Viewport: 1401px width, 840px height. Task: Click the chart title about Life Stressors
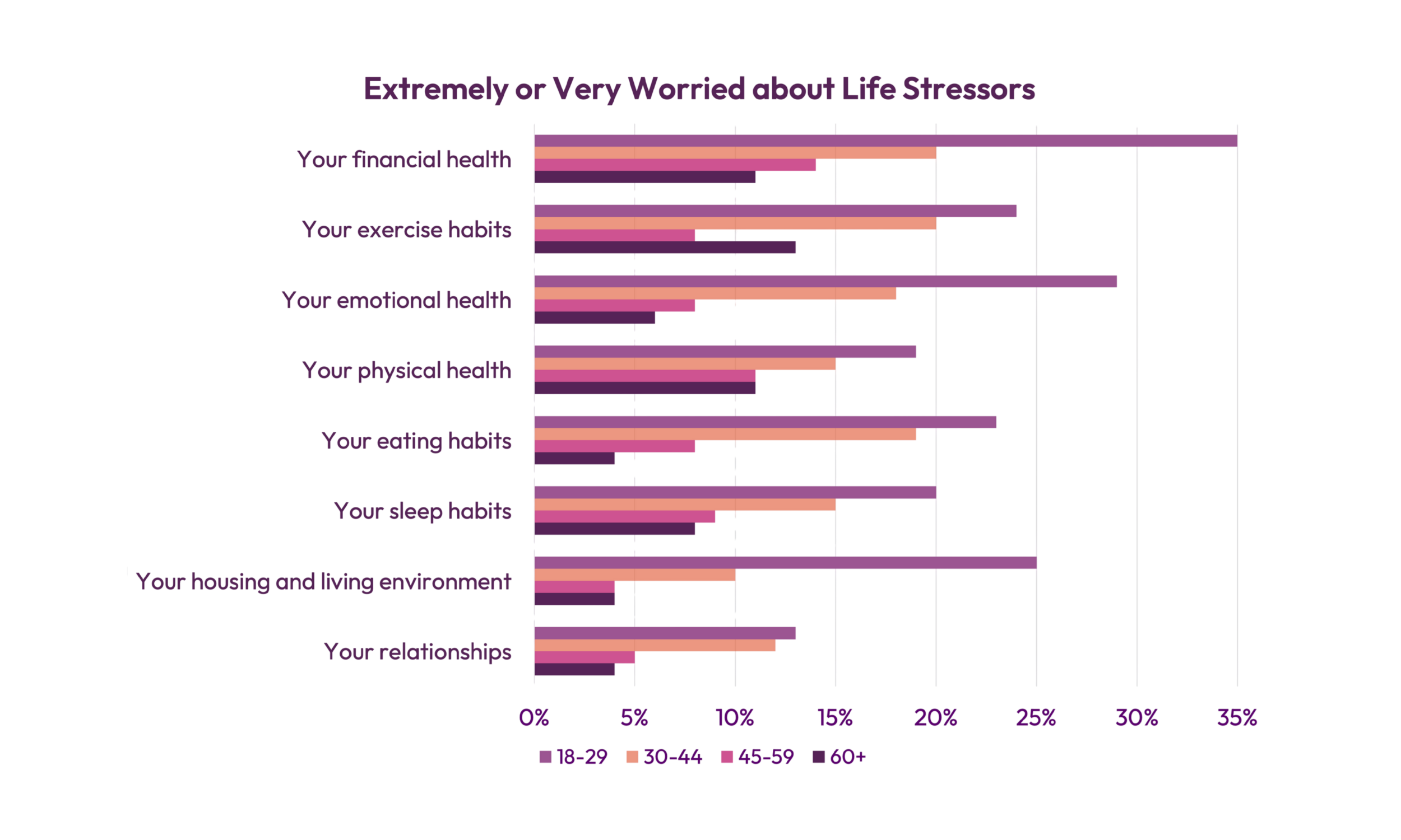700,91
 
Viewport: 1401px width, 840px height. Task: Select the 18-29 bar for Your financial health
885,141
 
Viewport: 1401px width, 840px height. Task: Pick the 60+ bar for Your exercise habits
664,248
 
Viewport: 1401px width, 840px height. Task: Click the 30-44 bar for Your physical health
684,363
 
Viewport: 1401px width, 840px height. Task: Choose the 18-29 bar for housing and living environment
785,563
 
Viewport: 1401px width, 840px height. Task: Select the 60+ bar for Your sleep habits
614,528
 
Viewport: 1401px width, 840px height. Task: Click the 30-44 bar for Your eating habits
725,434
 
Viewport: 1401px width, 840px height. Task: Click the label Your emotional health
396,301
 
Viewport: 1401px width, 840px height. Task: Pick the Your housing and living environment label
323,582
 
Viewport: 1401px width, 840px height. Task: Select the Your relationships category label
417,652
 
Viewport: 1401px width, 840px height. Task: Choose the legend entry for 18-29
574,758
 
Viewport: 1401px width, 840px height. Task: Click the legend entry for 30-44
664,758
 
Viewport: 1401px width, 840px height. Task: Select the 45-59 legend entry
759,758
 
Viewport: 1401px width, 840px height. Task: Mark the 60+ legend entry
839,758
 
